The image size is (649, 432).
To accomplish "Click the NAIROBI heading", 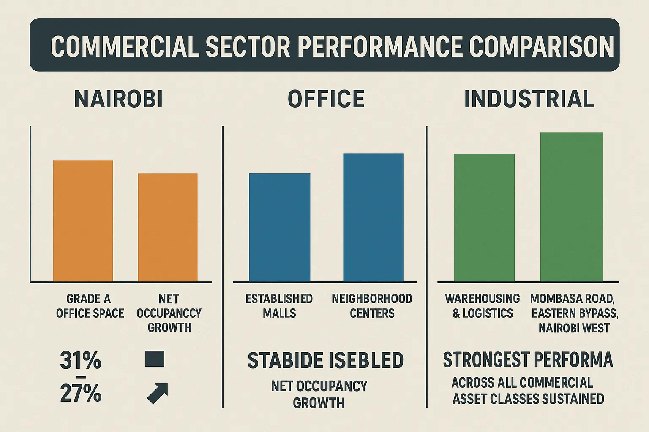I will (118, 100).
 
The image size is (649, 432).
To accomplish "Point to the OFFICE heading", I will (326, 100).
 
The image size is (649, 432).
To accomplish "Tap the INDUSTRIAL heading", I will (529, 100).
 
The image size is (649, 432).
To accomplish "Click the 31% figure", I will (81, 361).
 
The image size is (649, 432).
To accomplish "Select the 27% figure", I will (81, 394).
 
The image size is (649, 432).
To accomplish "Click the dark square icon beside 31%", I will (155, 359).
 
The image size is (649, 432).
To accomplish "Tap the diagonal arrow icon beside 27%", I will (158, 393).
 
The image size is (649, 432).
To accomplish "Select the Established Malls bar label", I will (279, 306).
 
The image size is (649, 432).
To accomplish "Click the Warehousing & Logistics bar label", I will (483, 306).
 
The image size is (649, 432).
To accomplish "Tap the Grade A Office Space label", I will (90, 306).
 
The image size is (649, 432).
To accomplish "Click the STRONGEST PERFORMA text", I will (528, 360).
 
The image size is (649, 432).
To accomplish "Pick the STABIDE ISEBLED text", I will (325, 361).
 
